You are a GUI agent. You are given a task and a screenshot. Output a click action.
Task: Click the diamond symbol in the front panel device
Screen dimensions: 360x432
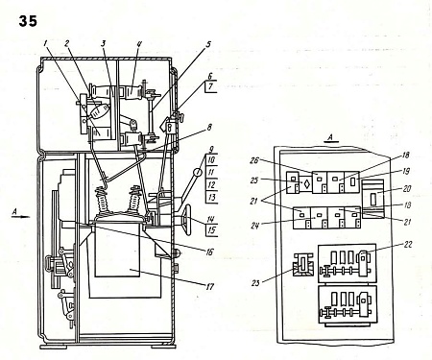coord(305,182)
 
